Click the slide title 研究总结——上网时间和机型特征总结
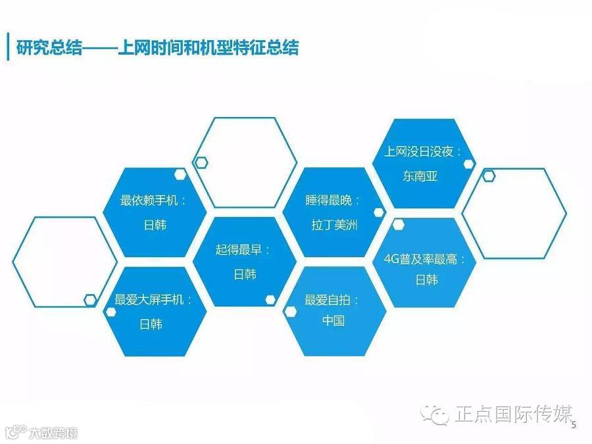157,48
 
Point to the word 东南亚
420,176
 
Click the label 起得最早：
243,250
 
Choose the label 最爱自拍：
333,300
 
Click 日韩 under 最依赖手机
155,224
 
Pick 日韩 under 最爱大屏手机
151,324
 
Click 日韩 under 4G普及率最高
426,280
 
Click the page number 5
574,425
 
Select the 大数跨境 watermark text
52,433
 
